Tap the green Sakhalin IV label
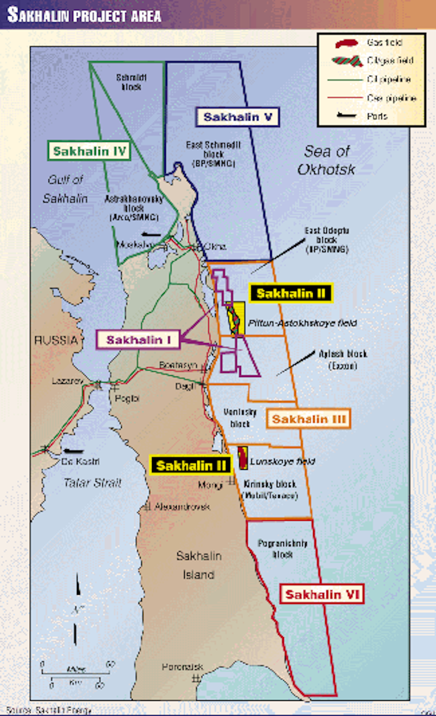click(x=90, y=151)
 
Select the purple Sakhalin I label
click(x=138, y=340)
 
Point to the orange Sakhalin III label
click(x=309, y=419)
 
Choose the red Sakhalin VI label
click(x=322, y=595)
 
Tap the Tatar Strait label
click(x=92, y=483)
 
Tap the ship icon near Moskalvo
click(x=150, y=234)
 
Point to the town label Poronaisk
click(x=181, y=667)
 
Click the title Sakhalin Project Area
click(x=84, y=15)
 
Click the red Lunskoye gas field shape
click(x=243, y=458)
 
